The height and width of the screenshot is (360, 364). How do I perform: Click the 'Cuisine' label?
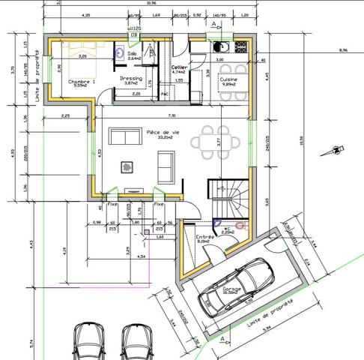pyautogui.click(x=228, y=78)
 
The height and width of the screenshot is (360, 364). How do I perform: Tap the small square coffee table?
pyautogui.click(x=128, y=166)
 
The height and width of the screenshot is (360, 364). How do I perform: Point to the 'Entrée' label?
pyautogui.click(x=204, y=236)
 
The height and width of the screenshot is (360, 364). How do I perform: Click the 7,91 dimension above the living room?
pyautogui.click(x=172, y=116)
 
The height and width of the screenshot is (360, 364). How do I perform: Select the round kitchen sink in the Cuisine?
pyautogui.click(x=218, y=47)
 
